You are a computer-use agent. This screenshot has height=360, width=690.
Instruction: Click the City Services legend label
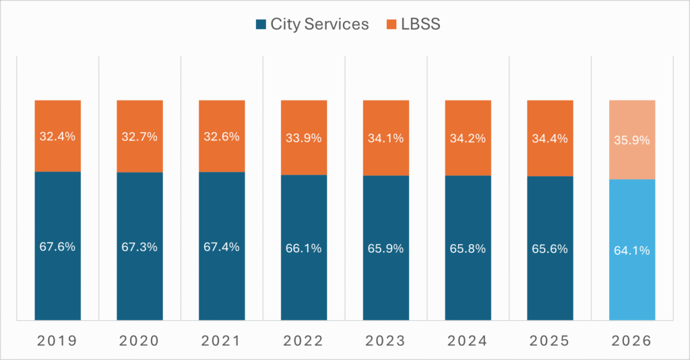point(319,25)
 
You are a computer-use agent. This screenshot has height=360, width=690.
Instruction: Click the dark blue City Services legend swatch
point(261,25)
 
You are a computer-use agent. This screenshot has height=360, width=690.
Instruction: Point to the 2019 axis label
point(57,341)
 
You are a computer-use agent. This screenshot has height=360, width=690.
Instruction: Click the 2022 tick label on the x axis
point(304,341)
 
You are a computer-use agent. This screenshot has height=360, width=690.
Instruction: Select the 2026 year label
point(632,341)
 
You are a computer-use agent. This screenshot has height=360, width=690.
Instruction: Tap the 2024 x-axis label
point(468,341)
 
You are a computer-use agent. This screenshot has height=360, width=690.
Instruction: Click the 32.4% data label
point(57,136)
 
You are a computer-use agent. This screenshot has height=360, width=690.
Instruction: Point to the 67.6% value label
point(57,247)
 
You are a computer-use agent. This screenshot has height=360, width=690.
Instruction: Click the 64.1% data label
point(632,251)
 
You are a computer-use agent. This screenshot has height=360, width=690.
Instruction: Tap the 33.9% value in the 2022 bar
point(304,139)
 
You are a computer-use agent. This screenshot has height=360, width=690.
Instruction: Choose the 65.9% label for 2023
point(386,248)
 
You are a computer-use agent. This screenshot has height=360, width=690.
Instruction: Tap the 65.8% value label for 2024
point(468,248)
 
